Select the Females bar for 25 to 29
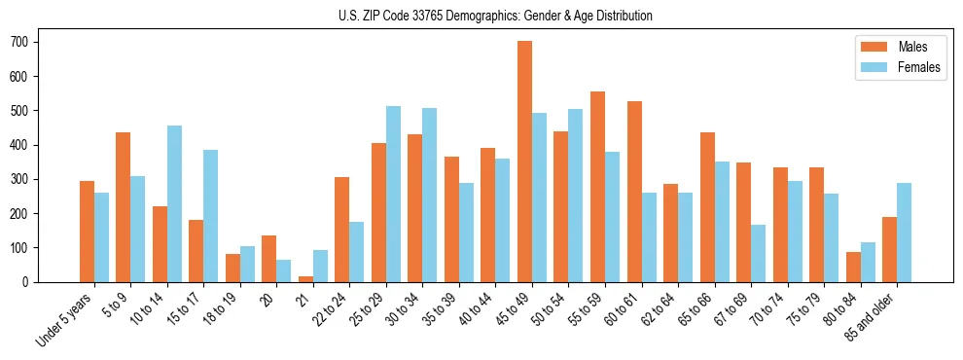[x=394, y=195]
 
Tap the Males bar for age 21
[x=306, y=279]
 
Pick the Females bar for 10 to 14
[x=174, y=203]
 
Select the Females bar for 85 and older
[x=905, y=233]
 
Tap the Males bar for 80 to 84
[x=854, y=267]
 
